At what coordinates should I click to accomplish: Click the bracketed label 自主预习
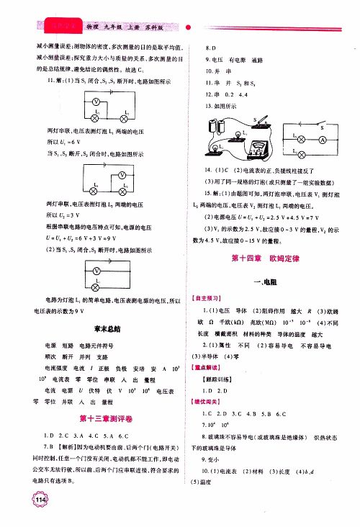tap(207, 297)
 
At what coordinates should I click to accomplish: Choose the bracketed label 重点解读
tap(206, 366)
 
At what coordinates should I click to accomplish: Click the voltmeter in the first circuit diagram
tap(94, 102)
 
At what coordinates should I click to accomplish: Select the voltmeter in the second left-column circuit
tap(122, 175)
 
